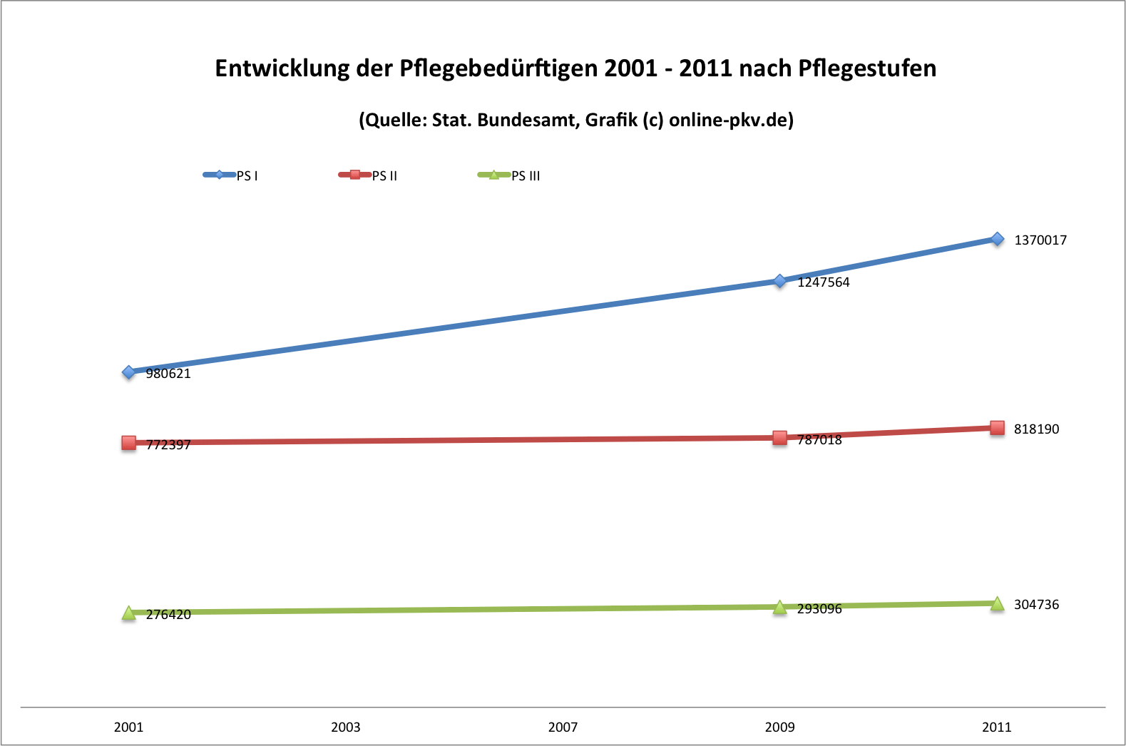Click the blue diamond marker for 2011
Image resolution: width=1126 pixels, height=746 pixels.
[997, 239]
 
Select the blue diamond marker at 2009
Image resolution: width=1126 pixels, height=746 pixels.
[780, 281]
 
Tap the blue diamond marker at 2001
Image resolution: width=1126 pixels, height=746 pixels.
[129, 372]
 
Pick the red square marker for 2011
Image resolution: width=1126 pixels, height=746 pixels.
[997, 428]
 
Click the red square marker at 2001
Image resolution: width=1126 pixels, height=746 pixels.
[129, 443]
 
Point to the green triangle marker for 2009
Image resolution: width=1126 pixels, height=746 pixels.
[780, 608]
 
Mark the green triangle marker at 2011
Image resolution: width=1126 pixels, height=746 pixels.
[997, 604]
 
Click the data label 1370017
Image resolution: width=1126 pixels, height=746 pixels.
[1040, 240]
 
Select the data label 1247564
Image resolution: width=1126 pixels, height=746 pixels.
[824, 282]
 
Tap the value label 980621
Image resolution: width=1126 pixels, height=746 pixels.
[168, 374]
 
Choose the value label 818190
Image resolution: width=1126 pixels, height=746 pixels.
[1036, 429]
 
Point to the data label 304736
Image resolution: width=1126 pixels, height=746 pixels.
[1036, 605]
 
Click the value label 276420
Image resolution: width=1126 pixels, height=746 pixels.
[168, 615]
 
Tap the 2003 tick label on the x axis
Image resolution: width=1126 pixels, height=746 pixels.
[346, 727]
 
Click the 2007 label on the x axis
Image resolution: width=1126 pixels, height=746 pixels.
[563, 727]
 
